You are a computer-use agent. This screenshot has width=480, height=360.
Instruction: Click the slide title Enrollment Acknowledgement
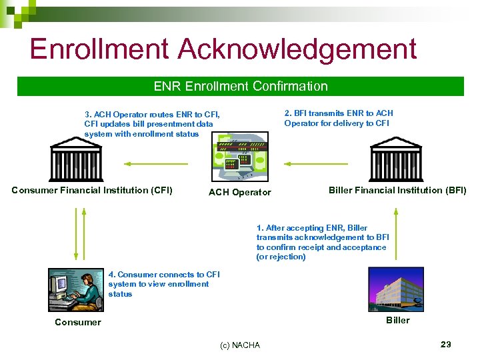coord(223,50)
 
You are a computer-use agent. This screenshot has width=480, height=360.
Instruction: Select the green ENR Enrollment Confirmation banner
coord(240,86)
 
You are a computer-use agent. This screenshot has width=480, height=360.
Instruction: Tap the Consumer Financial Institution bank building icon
coord(75,159)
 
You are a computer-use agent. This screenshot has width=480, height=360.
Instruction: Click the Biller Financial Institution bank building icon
coord(395,159)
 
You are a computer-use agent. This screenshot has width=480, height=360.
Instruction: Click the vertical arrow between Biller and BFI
coord(396,233)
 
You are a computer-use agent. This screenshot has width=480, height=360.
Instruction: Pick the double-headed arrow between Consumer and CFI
coord(76,233)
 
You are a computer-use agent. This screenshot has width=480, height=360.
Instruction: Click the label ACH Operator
coord(240,193)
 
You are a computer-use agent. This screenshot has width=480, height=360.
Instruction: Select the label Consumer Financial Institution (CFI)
coord(92,190)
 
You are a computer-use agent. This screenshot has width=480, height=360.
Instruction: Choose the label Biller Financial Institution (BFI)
coord(397,190)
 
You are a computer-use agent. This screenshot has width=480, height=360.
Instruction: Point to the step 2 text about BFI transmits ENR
coord(339,118)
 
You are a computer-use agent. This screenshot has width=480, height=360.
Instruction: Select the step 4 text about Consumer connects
coord(163,284)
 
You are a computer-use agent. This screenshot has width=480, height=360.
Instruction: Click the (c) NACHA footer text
coord(240,345)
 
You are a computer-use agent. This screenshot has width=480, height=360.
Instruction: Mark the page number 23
coord(445,344)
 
